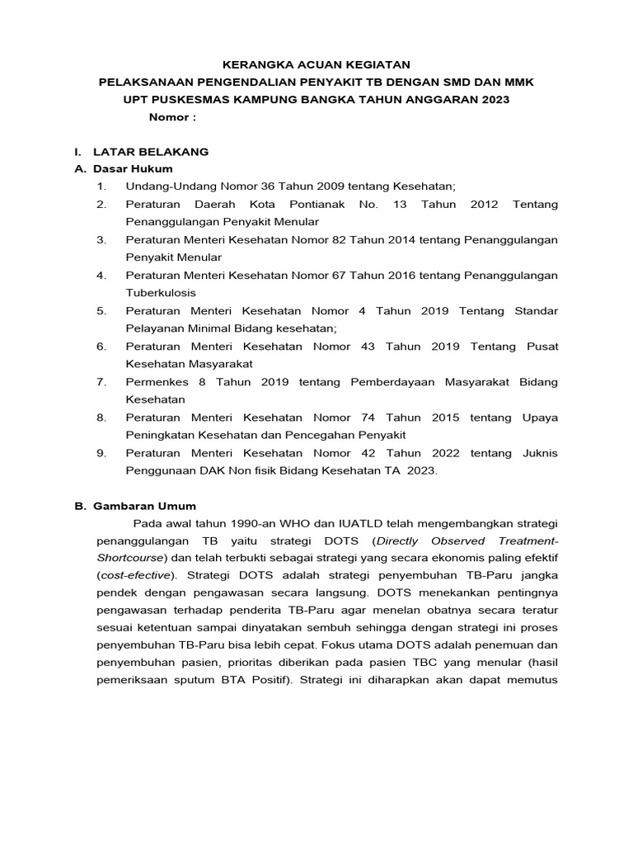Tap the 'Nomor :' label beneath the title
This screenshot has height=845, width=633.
coord(172,117)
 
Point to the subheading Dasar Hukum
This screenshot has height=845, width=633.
coord(133,169)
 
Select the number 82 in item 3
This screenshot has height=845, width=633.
coord(336,239)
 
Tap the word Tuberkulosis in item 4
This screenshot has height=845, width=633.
coord(161,292)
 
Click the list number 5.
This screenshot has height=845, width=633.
coord(101,310)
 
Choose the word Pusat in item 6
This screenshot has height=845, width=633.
coord(542,346)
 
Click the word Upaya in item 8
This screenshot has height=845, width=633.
coord(540,418)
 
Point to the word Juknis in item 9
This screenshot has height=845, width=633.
coord(538,453)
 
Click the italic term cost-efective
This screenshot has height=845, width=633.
coord(136,575)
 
